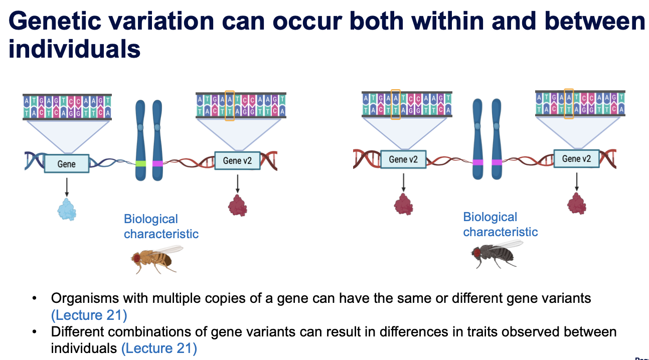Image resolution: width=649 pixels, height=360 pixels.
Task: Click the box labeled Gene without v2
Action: (x=67, y=164)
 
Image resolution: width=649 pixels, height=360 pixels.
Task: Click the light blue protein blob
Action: (x=67, y=210)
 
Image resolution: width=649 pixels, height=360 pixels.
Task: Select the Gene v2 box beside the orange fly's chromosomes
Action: (x=237, y=161)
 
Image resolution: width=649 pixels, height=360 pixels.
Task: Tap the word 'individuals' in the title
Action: (x=74, y=50)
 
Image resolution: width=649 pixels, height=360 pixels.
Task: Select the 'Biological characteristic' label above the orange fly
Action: (x=160, y=227)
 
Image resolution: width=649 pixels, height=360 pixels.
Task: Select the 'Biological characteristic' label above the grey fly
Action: (x=500, y=225)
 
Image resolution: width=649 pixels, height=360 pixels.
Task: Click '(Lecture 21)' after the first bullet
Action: (x=89, y=315)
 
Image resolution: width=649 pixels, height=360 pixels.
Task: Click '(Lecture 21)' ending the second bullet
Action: (x=159, y=348)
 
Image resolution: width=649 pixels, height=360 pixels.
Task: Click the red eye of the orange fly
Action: (x=136, y=258)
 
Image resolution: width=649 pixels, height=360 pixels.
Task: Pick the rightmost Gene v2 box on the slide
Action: (x=576, y=159)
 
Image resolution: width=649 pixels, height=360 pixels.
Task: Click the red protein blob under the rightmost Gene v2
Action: (x=576, y=203)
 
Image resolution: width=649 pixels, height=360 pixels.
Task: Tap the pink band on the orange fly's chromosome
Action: (x=157, y=163)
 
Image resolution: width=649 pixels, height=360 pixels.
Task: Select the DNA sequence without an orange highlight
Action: (x=67, y=106)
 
